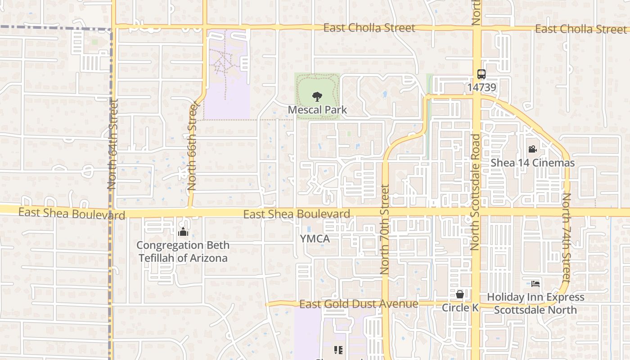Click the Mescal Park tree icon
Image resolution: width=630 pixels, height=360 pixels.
point(317,96)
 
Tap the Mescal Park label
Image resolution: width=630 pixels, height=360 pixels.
point(317,110)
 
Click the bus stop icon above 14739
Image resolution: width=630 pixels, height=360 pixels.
point(481,74)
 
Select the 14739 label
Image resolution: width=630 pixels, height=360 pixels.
point(481,87)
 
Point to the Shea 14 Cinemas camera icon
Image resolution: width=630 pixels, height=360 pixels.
point(532,149)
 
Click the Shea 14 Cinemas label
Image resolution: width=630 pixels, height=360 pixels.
point(532,163)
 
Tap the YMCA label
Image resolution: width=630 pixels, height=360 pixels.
point(315,238)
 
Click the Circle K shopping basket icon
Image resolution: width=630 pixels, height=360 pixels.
point(460,295)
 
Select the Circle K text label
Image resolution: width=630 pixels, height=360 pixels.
point(460,308)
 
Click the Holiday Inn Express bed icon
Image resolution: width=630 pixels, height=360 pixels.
point(535,284)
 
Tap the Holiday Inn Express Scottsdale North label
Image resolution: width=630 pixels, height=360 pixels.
point(535,303)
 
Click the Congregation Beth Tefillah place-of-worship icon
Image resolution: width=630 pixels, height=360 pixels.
point(183,232)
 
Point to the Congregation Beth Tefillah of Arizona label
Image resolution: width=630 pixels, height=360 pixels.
point(183,252)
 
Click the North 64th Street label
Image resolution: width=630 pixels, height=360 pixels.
point(112,144)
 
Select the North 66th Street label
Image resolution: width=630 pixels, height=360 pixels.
point(193,146)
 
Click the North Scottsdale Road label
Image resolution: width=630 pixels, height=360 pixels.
point(475,191)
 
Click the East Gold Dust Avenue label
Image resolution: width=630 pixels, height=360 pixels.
point(359,304)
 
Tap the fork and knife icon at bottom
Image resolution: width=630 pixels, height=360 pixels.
point(338,350)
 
